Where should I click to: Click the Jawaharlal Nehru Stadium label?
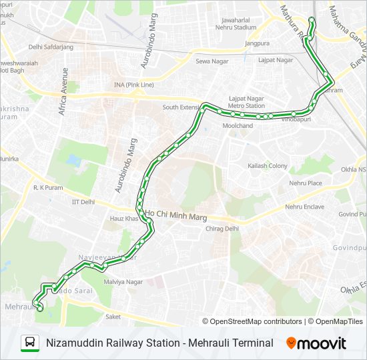coord(236,23)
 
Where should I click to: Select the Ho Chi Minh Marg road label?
coord(177,217)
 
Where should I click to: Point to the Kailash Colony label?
coord(268,165)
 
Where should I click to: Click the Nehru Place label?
coord(306,183)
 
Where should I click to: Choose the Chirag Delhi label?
coord(223,228)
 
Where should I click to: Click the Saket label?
coord(113,317)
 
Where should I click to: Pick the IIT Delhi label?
coord(83,201)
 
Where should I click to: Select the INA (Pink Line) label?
coord(133,85)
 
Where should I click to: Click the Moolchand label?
coord(238,125)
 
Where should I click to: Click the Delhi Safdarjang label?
coord(51,47)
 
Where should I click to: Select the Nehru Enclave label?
coord(304,207)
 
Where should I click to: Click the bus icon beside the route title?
coord(29,343)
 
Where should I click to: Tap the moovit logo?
coord(316,343)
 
